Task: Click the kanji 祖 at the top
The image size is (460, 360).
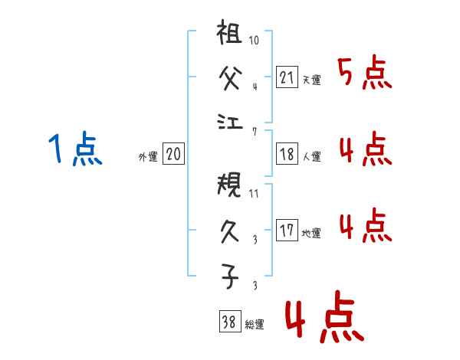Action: tap(230, 35)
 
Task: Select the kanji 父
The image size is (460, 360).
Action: tap(230, 78)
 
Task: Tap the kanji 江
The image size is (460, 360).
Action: tap(230, 120)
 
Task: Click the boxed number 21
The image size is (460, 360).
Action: tap(287, 77)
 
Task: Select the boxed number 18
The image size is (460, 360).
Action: tap(287, 154)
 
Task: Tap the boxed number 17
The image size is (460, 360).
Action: tap(287, 231)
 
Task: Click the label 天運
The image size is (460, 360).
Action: tap(311, 80)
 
